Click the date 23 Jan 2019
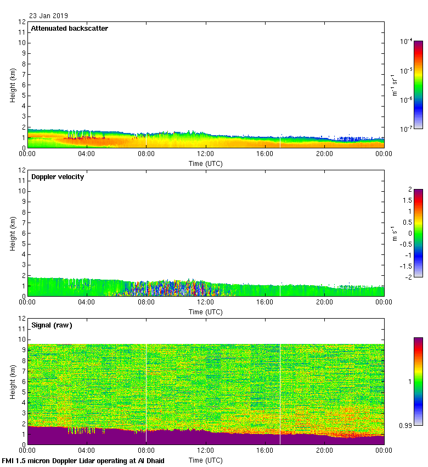pyautogui.click(x=49, y=16)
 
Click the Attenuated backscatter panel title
pyautogui.click(x=69, y=29)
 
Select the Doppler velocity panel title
pyautogui.click(x=57, y=177)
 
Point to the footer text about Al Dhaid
pyautogui.click(x=83, y=461)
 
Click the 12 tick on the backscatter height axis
pyautogui.click(x=22, y=22)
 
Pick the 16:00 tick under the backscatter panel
pyautogui.click(x=265, y=154)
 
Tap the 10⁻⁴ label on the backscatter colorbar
pyautogui.click(x=406, y=41)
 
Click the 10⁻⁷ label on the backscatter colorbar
pyautogui.click(x=406, y=129)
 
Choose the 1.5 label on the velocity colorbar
pyautogui.click(x=408, y=201)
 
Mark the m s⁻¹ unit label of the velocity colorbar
pyautogui.click(x=393, y=233)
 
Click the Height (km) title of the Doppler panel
pyautogui.click(x=13, y=233)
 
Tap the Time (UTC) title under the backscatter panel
pyautogui.click(x=206, y=163)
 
